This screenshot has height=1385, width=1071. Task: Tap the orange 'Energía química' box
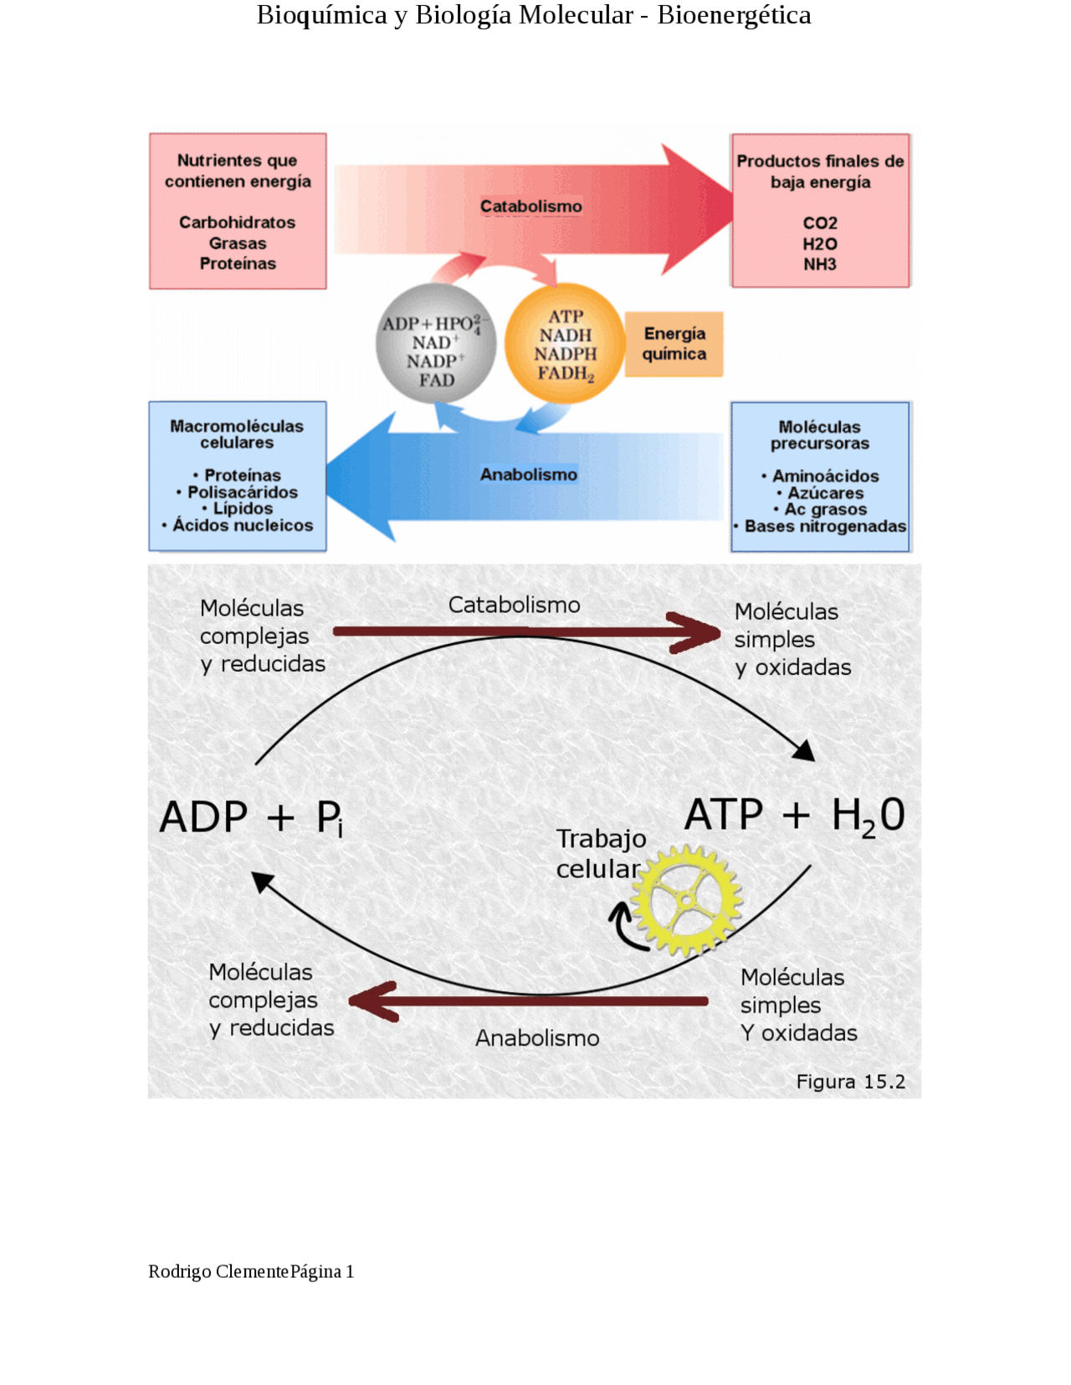point(674,344)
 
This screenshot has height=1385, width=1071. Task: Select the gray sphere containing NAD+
point(435,344)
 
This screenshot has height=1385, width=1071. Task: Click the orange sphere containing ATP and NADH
point(565,344)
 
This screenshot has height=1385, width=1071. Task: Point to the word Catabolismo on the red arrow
point(530,207)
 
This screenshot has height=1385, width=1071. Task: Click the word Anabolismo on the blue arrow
point(528,475)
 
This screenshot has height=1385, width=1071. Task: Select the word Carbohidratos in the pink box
point(237,222)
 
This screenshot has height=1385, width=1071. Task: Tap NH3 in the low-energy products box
point(819,264)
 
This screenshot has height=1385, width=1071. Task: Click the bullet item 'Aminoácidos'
point(825,476)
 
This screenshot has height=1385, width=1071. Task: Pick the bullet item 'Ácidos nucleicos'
point(243,525)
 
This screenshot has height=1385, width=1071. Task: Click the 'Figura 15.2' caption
point(850,1081)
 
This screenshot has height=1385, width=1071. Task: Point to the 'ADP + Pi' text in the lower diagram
point(251,818)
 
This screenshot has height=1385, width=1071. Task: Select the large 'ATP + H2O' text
point(794,815)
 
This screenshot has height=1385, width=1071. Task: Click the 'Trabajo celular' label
point(600,853)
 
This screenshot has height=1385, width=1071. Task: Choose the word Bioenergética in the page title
point(733,15)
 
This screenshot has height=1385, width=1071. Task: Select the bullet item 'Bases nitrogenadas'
point(825,526)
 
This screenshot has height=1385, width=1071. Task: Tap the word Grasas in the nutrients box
point(238,243)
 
